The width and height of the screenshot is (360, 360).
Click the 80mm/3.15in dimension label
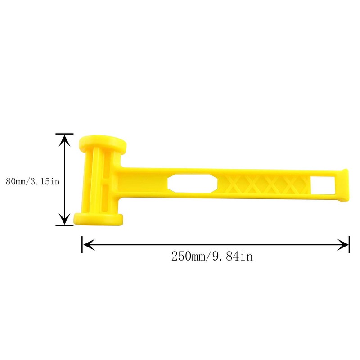[x=32, y=181]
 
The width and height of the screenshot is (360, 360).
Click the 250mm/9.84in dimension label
[x=212, y=256]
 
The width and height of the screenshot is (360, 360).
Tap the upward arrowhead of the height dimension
[x=65, y=140]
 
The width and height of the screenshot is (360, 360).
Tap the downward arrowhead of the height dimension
[x=65, y=218]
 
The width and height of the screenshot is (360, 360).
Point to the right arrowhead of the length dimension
[x=343, y=244]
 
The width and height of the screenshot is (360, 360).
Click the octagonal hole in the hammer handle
[x=193, y=184]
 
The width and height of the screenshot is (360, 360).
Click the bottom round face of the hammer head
[x=98, y=219]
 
